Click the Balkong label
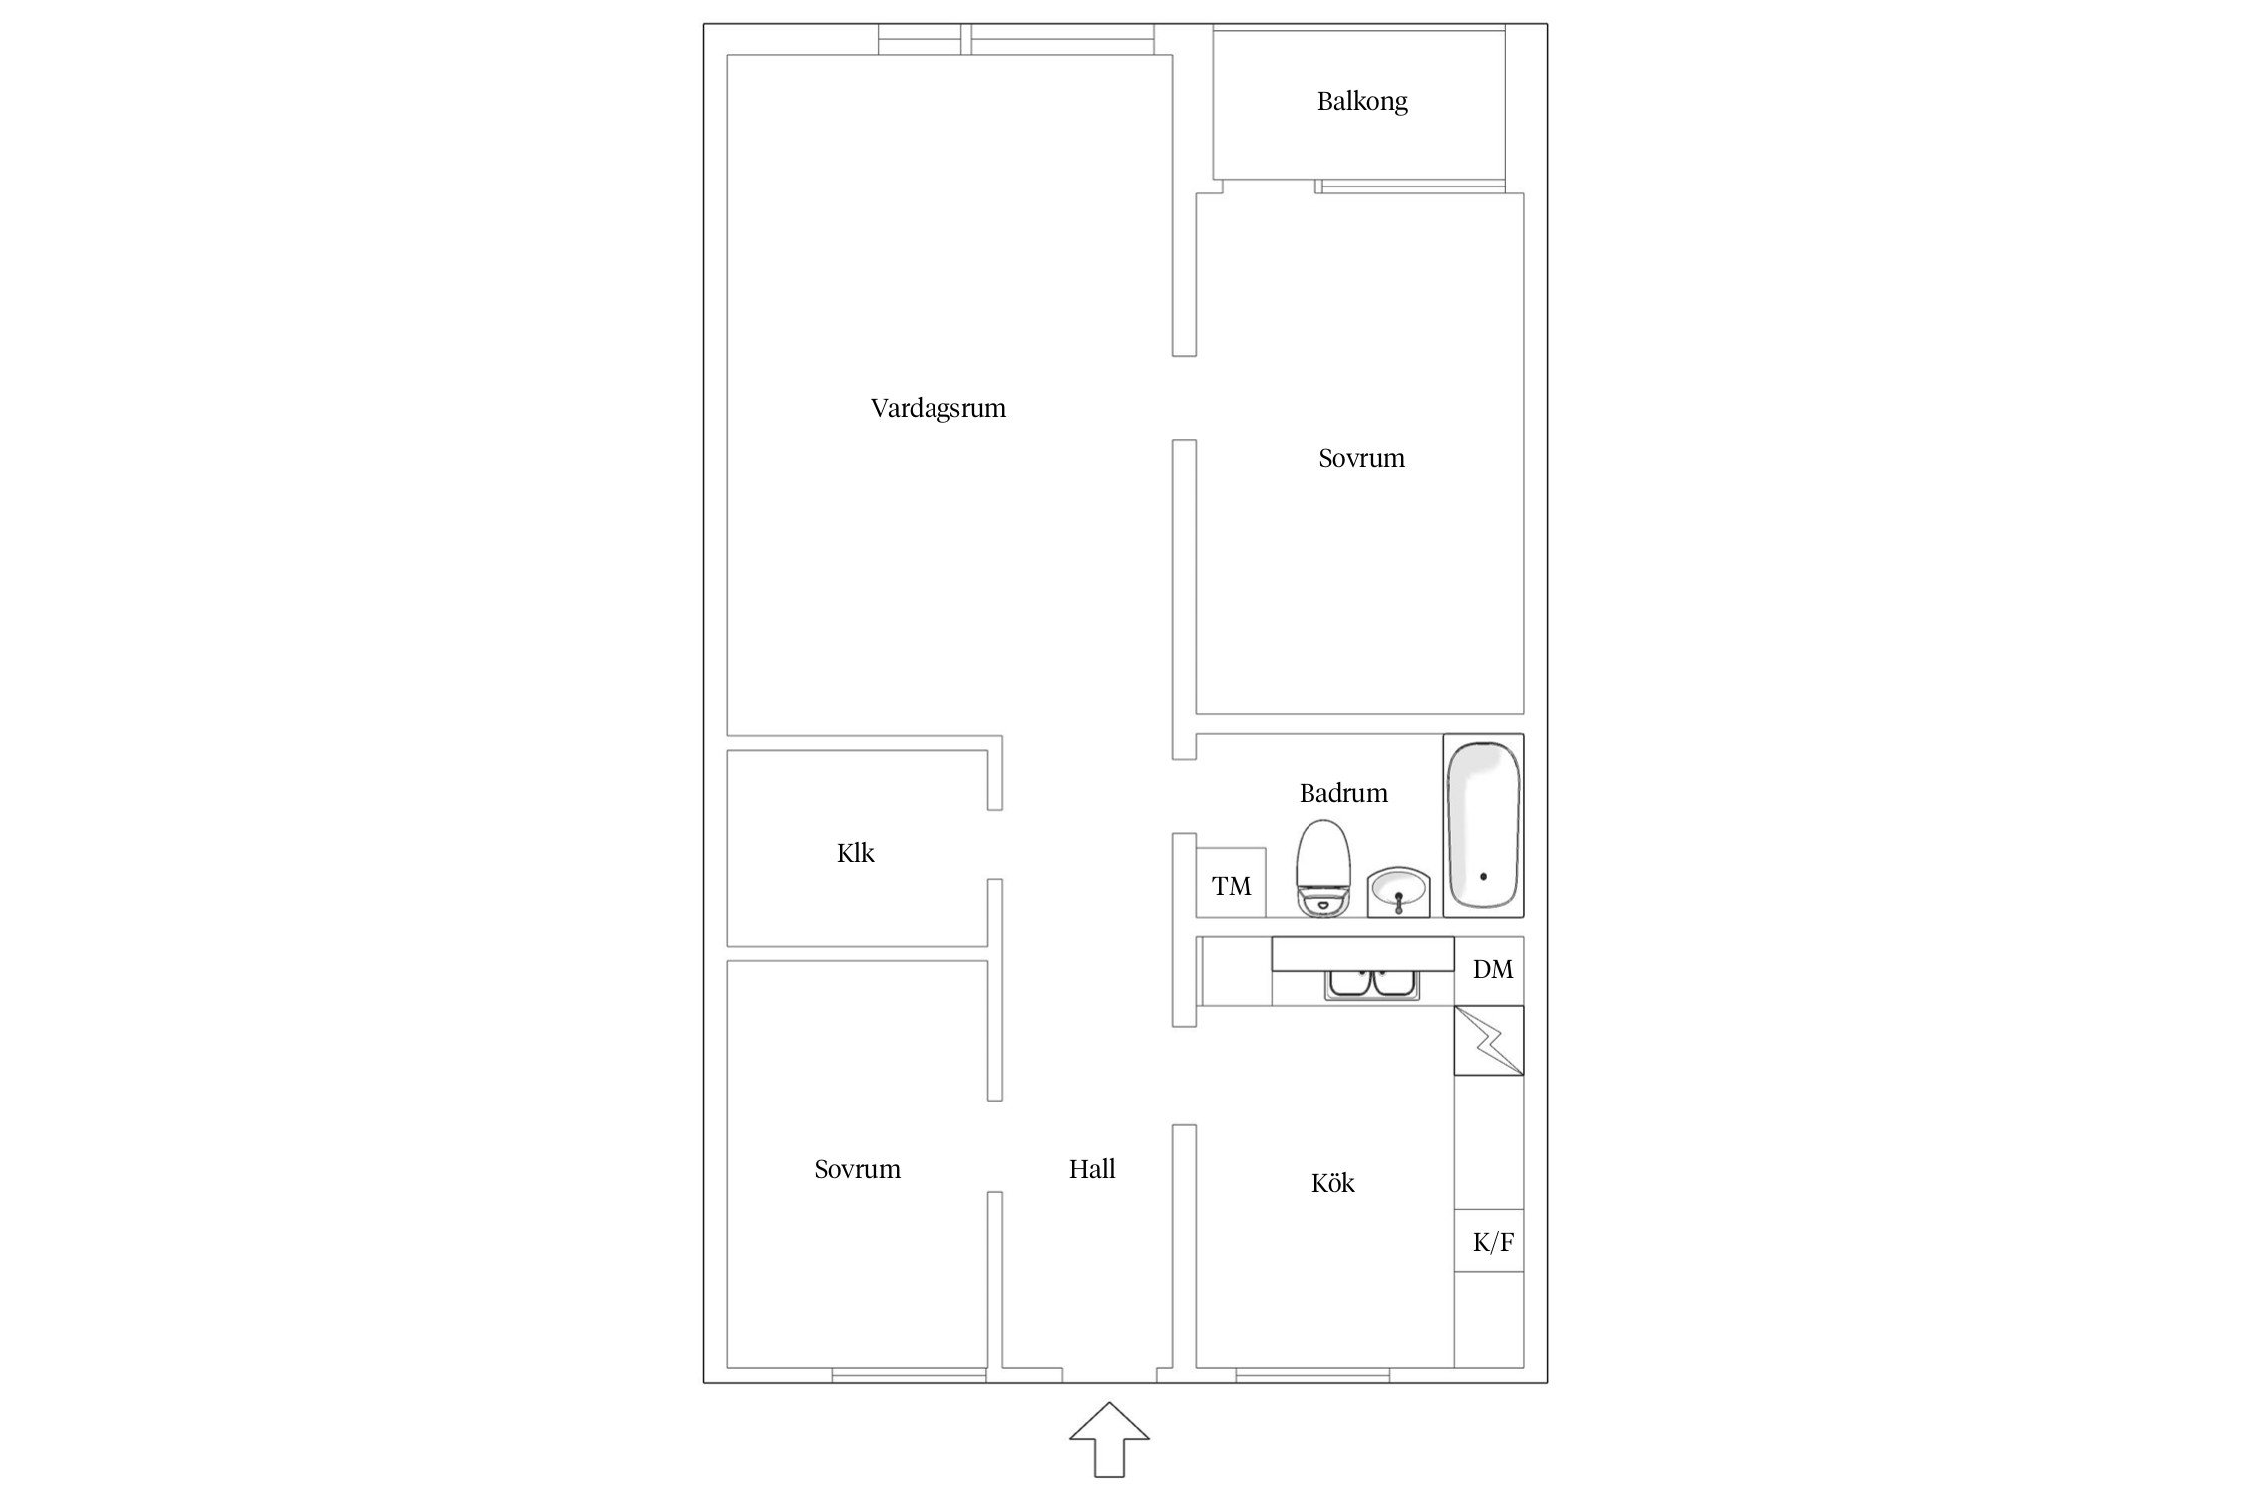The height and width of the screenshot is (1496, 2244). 1362,102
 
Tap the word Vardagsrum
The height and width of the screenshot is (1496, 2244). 938,409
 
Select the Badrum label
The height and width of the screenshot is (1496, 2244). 1343,793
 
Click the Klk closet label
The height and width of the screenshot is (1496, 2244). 856,853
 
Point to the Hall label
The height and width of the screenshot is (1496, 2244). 1092,1169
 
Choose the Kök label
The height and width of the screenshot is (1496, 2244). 1332,1183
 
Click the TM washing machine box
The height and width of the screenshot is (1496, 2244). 1231,883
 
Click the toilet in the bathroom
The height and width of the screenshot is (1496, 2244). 1323,868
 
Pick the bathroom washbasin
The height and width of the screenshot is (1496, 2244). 1399,891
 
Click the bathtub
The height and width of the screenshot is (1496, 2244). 1484,825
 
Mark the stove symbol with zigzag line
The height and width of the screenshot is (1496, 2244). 1489,1040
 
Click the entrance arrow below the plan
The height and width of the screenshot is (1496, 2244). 1109,1439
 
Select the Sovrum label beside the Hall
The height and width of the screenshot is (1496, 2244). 857,1169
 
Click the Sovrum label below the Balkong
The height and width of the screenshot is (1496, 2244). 1361,458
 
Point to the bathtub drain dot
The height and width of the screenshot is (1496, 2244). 1483,877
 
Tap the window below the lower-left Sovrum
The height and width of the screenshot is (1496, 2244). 910,1376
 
